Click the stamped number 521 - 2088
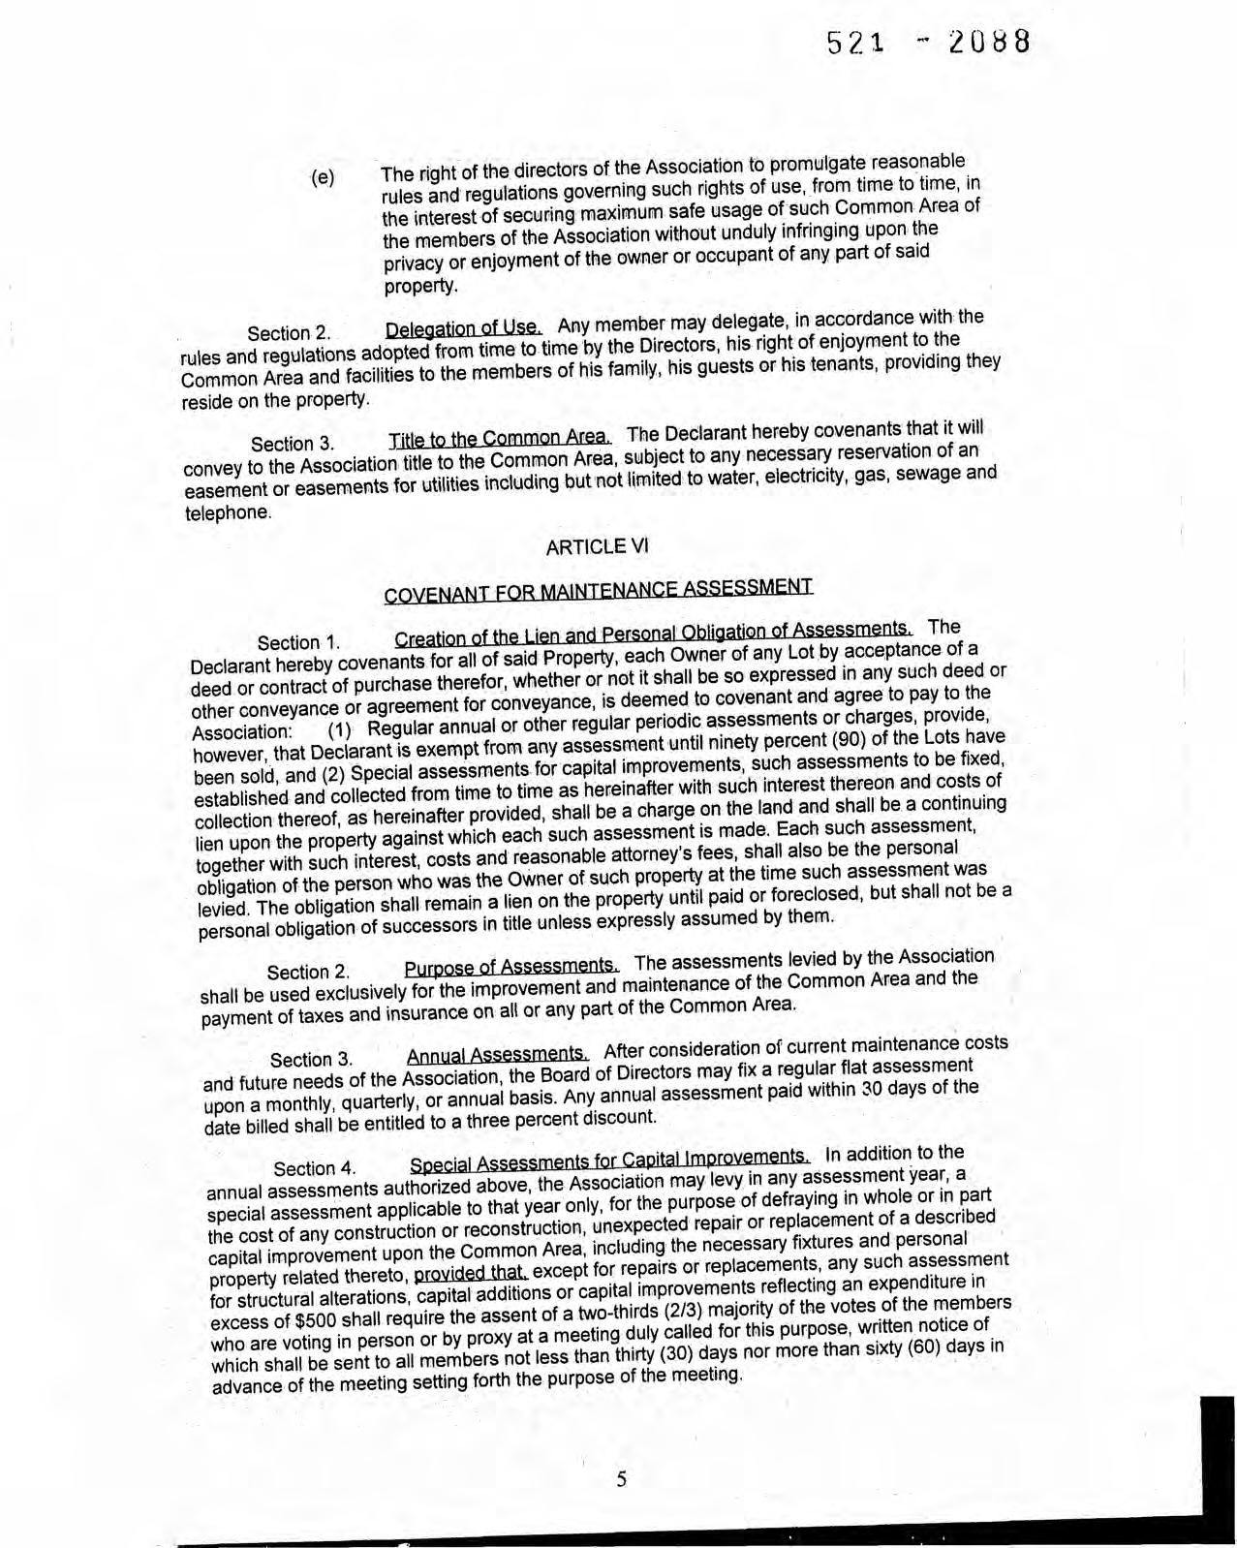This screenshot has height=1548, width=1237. pos(927,44)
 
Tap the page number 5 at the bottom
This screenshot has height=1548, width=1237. pos(621,1478)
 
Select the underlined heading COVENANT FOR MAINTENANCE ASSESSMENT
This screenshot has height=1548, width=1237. pos(598,589)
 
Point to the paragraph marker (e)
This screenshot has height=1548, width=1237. pos(323,178)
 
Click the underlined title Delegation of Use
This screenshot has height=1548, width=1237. pos(463,327)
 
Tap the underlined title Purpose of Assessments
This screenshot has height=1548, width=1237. pos(511,967)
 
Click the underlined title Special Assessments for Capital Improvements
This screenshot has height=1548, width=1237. pos(609,1160)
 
